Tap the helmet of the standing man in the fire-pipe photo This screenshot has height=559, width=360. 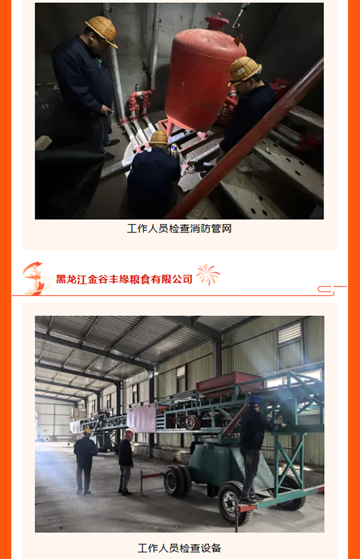(102, 31)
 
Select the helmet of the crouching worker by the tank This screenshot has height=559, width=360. (159, 138)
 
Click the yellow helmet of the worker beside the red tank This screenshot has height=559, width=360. (244, 70)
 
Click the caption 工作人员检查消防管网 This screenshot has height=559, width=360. (180, 229)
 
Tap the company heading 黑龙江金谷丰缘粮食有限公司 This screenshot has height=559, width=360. (124, 279)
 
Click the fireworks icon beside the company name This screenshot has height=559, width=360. (208, 275)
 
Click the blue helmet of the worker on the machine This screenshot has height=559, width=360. (254, 400)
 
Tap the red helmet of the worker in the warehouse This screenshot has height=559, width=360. (129, 433)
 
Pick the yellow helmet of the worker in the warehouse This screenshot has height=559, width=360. (87, 431)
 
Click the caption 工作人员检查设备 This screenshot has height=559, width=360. (180, 548)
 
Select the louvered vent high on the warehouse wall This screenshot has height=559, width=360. (289, 332)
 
